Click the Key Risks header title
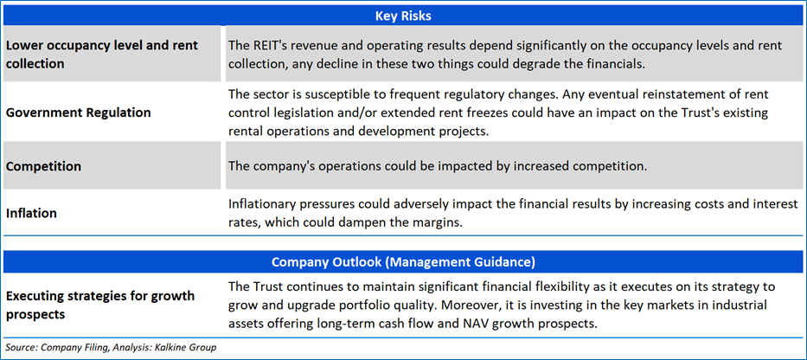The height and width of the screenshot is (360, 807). [x=403, y=16]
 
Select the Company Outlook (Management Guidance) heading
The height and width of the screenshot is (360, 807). [x=403, y=262]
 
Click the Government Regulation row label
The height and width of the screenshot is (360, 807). [x=78, y=112]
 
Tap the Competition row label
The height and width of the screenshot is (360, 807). [x=43, y=167]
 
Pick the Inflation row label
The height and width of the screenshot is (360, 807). [x=31, y=213]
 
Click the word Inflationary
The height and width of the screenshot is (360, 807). [x=259, y=204]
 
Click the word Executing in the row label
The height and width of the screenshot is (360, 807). [x=33, y=296]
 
